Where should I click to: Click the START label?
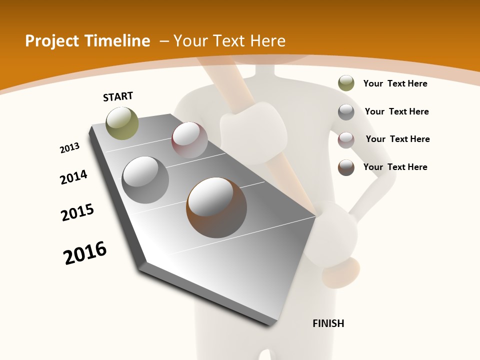(118, 96)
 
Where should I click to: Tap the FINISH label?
(328, 323)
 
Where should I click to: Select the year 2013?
(70, 148)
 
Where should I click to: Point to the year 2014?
(73, 177)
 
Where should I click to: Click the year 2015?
(77, 212)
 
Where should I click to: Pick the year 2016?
(85, 253)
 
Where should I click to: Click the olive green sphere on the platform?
(122, 123)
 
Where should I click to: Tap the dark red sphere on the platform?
(189, 140)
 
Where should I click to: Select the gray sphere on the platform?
(145, 179)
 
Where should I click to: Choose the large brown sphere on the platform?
(216, 207)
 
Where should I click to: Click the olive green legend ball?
(346, 83)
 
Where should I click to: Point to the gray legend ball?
(346, 112)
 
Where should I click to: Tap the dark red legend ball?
(346, 140)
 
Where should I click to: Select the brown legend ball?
(346, 167)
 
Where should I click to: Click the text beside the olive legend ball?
(395, 83)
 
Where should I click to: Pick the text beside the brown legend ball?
(395, 167)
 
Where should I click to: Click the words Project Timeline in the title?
(87, 41)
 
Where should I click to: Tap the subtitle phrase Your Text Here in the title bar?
(229, 41)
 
